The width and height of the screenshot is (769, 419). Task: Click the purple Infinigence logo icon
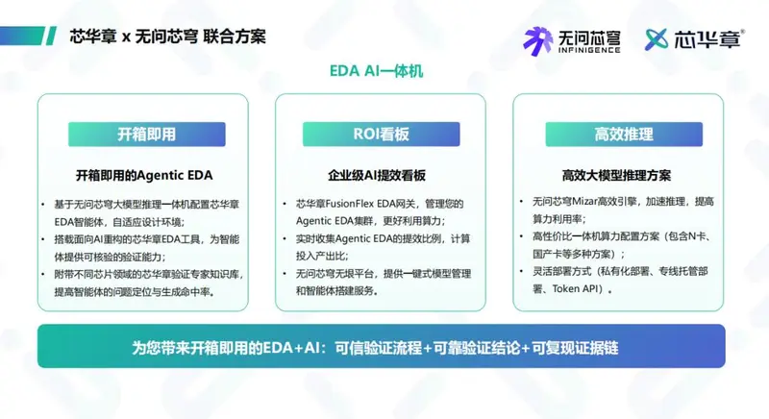pyautogui.click(x=538, y=41)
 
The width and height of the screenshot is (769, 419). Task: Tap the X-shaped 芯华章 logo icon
pyautogui.click(x=657, y=39)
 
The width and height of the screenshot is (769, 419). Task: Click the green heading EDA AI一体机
pyautogui.click(x=376, y=71)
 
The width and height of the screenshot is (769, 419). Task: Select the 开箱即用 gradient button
pyautogui.click(x=147, y=135)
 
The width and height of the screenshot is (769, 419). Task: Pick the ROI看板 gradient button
pyautogui.click(x=381, y=135)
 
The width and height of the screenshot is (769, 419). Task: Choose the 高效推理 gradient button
pyautogui.click(x=624, y=135)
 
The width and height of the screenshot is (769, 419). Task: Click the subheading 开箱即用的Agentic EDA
pyautogui.click(x=144, y=176)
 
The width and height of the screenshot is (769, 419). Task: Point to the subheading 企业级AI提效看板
pyautogui.click(x=377, y=176)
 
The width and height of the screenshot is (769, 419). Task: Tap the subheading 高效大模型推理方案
pyautogui.click(x=616, y=176)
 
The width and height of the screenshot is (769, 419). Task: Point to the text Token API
pyautogui.click(x=574, y=289)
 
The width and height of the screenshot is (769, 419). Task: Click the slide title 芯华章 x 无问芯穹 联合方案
pyautogui.click(x=167, y=37)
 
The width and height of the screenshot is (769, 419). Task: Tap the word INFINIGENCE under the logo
pyautogui.click(x=589, y=50)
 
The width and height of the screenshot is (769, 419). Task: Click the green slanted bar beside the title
pyautogui.click(x=51, y=36)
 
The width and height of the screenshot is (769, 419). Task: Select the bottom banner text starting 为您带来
pyautogui.click(x=375, y=348)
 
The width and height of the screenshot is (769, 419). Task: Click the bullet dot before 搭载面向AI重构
pyautogui.click(x=43, y=239)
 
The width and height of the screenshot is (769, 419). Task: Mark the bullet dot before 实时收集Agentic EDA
pyautogui.click(x=285, y=238)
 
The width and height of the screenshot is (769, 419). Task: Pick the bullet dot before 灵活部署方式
pyautogui.click(x=522, y=272)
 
